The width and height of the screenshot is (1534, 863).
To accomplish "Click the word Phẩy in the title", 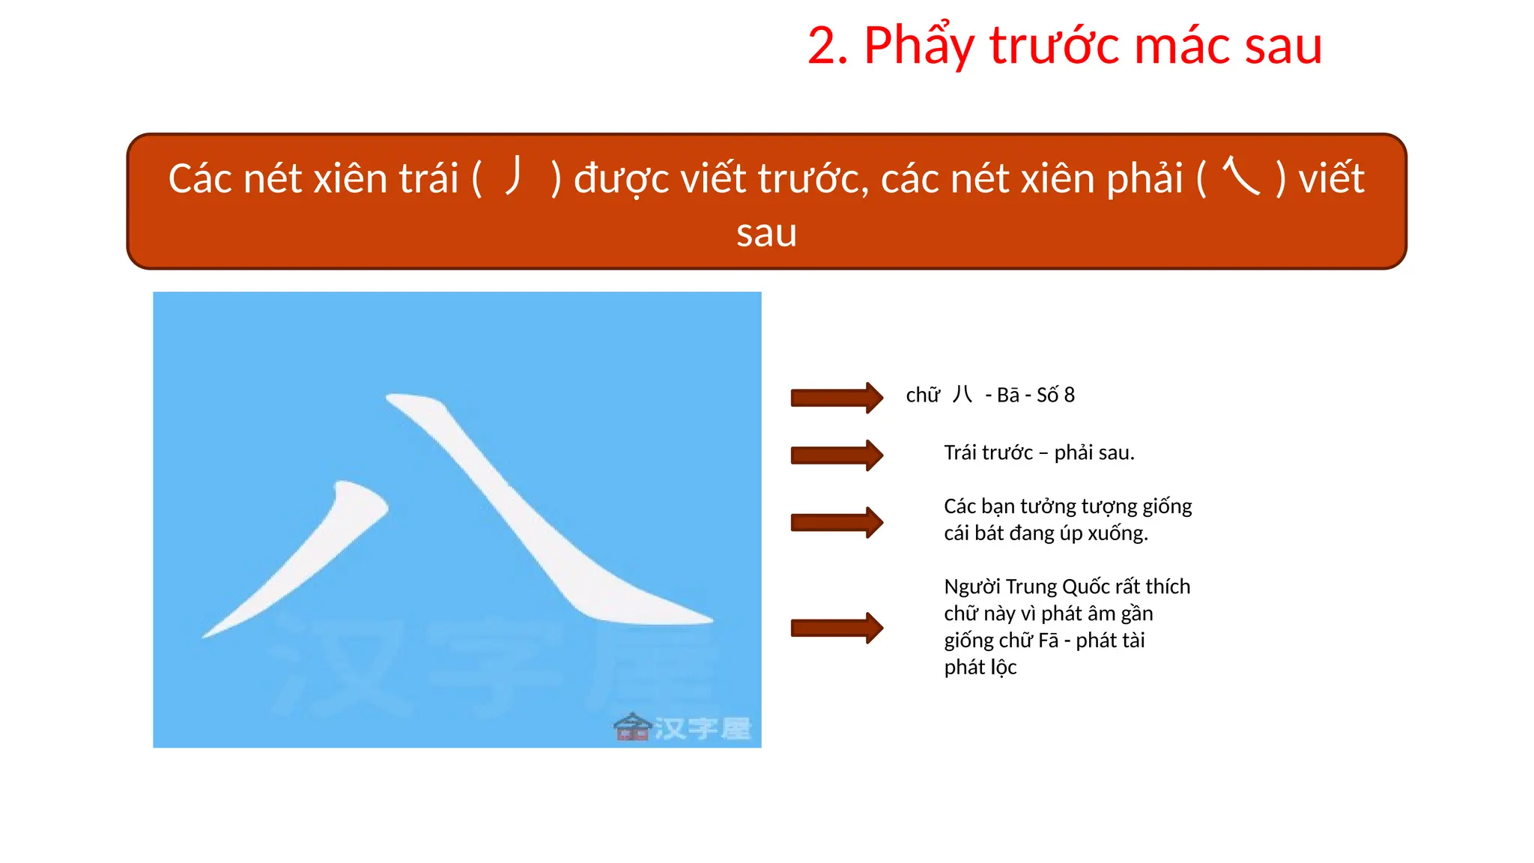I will pyautogui.click(x=919, y=46).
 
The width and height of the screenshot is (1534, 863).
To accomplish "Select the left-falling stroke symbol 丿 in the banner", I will pyautogui.click(x=515, y=175).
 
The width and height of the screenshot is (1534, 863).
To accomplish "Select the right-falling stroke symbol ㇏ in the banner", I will pyautogui.click(x=1240, y=176).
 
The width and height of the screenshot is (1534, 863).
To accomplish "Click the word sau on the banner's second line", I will pyautogui.click(x=766, y=233).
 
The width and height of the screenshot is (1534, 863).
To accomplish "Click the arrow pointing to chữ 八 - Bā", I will pyautogui.click(x=837, y=398).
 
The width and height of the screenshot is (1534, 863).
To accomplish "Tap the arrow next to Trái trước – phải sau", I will pyautogui.click(x=837, y=455).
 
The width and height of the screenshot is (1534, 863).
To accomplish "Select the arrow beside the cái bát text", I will pyautogui.click(x=837, y=522).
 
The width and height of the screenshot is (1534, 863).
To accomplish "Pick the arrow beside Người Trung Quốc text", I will pyautogui.click(x=837, y=628).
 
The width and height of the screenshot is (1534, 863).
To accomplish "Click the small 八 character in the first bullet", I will pyautogui.click(x=962, y=395).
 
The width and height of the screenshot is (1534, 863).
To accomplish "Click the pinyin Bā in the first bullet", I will pyautogui.click(x=1007, y=396).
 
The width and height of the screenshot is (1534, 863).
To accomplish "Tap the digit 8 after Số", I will pyautogui.click(x=1069, y=396).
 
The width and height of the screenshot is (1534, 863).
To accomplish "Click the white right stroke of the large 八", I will pyautogui.click(x=539, y=524).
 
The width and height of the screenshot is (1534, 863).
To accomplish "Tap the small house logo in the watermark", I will pyautogui.click(x=632, y=727).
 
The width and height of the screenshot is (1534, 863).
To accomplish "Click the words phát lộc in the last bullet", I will pyautogui.click(x=980, y=667).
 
